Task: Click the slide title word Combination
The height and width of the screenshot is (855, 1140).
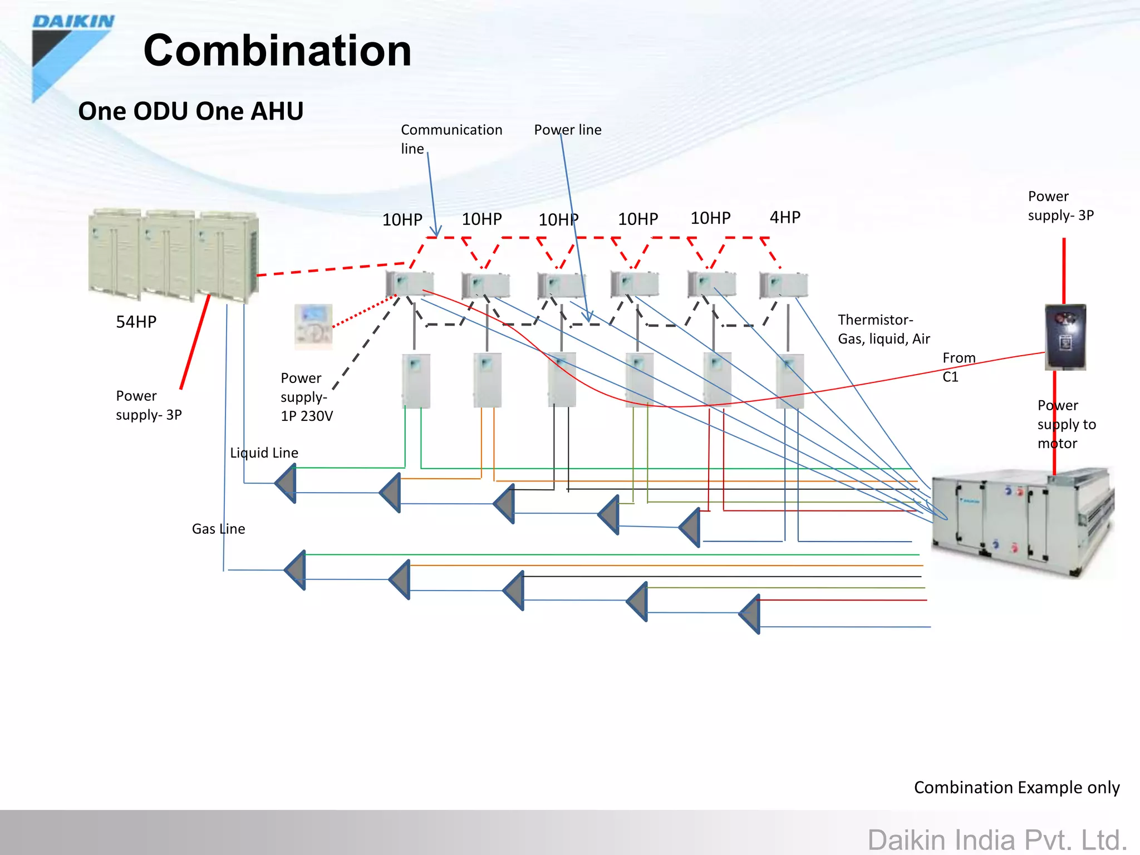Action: coord(277,51)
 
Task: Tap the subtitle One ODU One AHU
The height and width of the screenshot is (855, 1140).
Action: coord(191,111)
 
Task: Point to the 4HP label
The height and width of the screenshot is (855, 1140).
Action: coord(785,217)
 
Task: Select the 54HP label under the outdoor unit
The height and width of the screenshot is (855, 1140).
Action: coord(136,322)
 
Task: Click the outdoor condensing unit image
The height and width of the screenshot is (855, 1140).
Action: coord(174,255)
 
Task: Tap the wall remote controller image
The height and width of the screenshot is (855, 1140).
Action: coord(313,326)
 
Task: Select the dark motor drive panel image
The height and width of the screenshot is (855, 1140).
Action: coord(1065,337)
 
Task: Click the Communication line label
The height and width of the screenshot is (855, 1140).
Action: coord(451,139)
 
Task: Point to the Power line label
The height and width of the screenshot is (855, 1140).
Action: coord(568,130)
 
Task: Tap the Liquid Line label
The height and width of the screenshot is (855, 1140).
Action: coord(264,453)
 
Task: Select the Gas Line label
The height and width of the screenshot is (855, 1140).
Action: coord(218,529)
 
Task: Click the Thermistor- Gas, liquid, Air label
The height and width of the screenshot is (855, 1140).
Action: coord(884,329)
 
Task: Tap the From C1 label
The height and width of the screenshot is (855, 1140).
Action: coord(959,367)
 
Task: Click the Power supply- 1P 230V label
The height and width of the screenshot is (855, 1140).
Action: coord(307,397)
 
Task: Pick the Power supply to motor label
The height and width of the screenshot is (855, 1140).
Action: coord(1067,424)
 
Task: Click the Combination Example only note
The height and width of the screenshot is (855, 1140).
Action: coord(1017,787)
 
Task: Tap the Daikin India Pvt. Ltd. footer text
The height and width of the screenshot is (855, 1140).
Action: coord(997,839)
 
